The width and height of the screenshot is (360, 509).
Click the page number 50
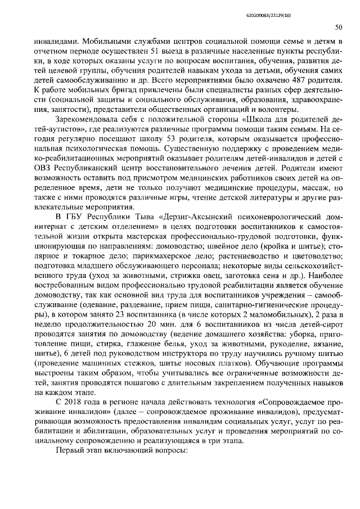tap(339, 26)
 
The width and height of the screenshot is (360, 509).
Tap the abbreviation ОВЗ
tap(44, 169)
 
